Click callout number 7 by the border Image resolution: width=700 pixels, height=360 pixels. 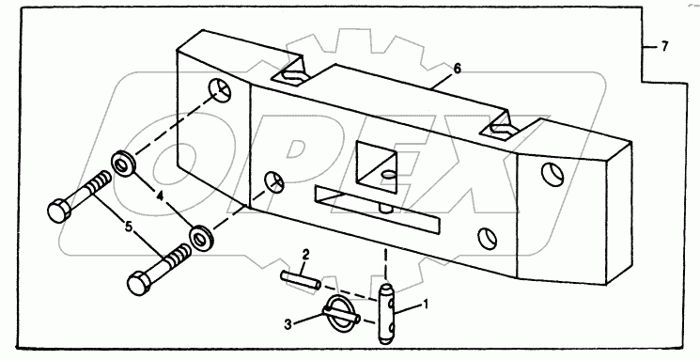(x=664, y=46)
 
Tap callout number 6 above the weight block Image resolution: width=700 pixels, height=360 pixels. (x=457, y=69)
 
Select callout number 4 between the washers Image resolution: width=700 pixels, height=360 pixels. (x=159, y=196)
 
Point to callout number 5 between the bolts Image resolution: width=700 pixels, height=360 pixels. (x=129, y=227)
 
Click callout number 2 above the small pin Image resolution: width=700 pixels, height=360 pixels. (x=305, y=256)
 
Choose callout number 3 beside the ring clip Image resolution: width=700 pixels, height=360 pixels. (x=288, y=324)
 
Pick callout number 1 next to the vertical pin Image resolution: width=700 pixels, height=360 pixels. (x=426, y=305)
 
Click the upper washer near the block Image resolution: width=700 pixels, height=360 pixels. (x=123, y=164)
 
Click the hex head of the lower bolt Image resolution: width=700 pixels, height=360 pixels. (x=139, y=283)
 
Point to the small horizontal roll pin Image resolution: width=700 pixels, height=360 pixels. (x=301, y=279)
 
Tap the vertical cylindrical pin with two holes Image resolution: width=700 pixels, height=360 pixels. (x=386, y=314)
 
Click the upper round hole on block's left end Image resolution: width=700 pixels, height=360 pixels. (x=221, y=90)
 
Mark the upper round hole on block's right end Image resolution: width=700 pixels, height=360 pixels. (x=552, y=174)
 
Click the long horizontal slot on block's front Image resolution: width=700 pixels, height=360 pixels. (x=377, y=209)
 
